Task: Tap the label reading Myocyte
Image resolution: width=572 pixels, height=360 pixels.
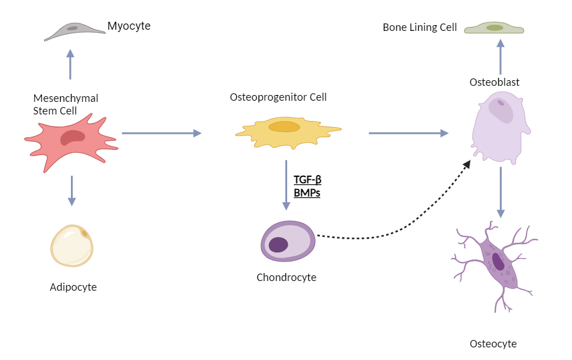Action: (129, 26)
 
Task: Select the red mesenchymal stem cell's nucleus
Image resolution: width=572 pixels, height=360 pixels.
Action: (73, 137)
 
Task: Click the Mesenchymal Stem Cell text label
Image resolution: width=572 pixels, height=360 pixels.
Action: (65, 104)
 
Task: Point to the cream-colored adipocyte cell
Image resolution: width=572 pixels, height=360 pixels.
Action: (72, 246)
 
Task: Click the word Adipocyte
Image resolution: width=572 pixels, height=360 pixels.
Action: (73, 287)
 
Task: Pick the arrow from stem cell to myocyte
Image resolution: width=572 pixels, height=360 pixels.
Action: (70, 64)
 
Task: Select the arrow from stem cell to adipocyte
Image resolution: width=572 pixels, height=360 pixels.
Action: (71, 190)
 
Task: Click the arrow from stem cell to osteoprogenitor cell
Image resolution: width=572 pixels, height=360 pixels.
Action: (162, 133)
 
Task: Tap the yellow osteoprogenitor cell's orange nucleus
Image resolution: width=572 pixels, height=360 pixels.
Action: (284, 127)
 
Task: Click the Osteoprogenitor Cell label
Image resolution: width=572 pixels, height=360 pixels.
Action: (278, 97)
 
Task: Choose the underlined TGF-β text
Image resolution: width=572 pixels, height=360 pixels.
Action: (307, 180)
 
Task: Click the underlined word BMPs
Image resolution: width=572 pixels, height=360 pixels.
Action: (307, 193)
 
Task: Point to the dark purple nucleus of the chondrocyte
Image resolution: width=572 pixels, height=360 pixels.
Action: (279, 244)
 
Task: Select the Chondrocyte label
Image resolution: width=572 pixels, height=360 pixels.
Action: (286, 278)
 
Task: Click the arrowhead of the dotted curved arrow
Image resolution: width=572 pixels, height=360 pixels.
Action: (467, 164)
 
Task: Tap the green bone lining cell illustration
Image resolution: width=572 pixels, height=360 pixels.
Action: (494, 28)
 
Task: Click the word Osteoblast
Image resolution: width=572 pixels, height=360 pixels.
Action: (494, 82)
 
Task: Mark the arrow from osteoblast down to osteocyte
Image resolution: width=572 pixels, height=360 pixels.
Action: (500, 192)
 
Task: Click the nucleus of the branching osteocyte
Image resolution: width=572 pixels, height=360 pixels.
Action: (499, 262)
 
